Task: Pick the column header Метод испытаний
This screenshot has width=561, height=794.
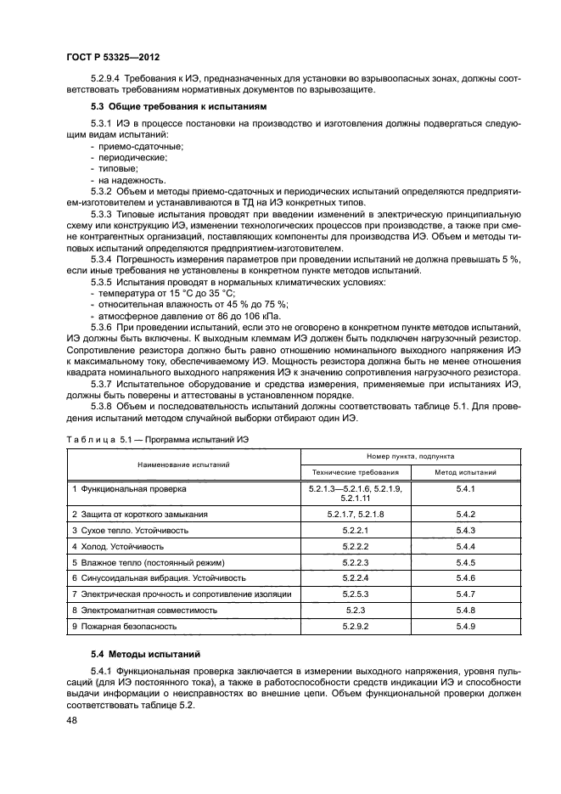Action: [x=465, y=471]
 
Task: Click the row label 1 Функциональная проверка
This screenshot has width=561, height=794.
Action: [x=129, y=490]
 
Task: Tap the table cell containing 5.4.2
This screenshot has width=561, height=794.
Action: [x=465, y=515]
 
